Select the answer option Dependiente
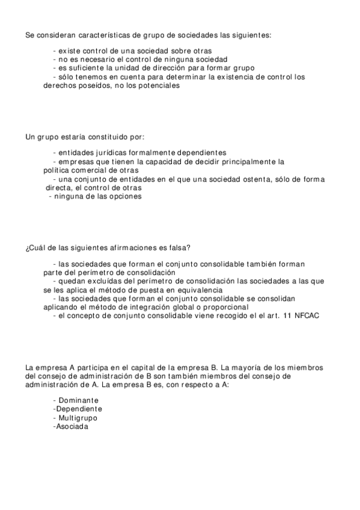click(x=78, y=409)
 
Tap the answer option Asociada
click(x=72, y=426)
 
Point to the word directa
click(x=62, y=187)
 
